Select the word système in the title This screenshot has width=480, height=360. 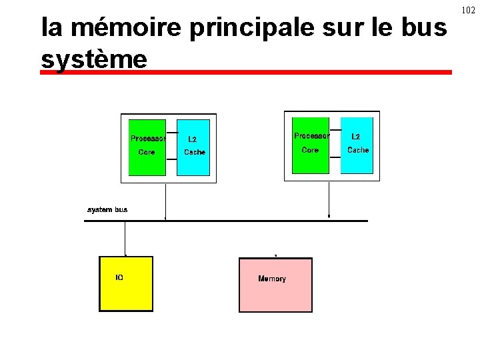pyautogui.click(x=93, y=59)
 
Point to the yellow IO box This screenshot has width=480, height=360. pyautogui.click(x=126, y=283)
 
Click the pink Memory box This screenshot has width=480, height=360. pyautogui.click(x=275, y=285)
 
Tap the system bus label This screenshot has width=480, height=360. pyautogui.click(x=107, y=209)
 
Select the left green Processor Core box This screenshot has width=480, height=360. pyautogui.click(x=147, y=147)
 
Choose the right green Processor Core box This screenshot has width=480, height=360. pyautogui.click(x=311, y=145)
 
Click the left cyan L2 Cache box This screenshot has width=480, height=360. pyautogui.click(x=193, y=147)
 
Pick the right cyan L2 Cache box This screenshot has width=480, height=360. pyautogui.click(x=357, y=145)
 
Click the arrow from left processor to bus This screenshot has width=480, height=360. pyautogui.click(x=165, y=200)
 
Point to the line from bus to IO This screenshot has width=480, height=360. pyautogui.click(x=125, y=238)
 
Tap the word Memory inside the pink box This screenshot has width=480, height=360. pyautogui.click(x=272, y=279)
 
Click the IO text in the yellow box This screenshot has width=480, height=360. pyautogui.click(x=119, y=277)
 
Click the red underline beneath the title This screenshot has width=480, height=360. pyautogui.click(x=245, y=72)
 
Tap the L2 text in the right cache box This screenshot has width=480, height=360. pyautogui.click(x=356, y=137)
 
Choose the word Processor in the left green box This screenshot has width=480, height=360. pyautogui.click(x=147, y=139)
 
